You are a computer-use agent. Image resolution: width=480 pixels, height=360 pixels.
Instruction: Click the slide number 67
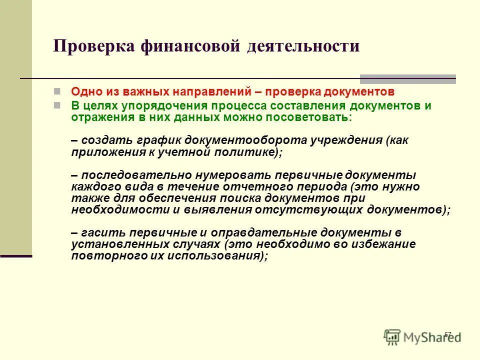tap(447, 334)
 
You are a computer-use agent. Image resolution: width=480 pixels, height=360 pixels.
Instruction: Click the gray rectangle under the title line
tap(407, 78)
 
